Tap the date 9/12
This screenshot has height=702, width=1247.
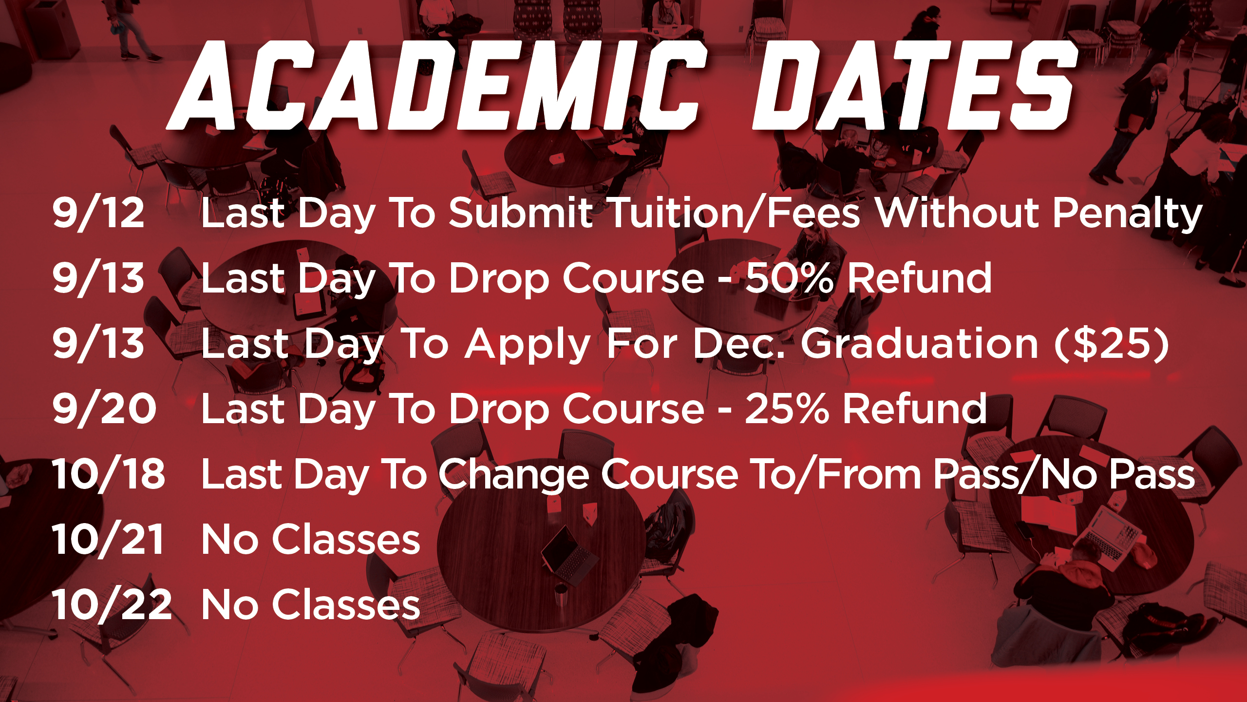[x=98, y=213]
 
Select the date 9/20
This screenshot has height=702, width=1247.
[x=104, y=409]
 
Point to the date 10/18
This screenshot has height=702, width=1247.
[x=109, y=474]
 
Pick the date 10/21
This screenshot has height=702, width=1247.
[x=108, y=539]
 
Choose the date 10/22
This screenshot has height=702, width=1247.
[x=112, y=604]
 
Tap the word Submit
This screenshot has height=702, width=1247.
[x=521, y=213]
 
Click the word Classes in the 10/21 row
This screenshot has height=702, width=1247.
[x=346, y=539]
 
